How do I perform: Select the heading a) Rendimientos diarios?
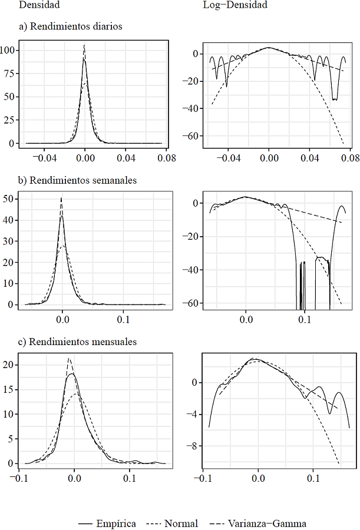(70, 26)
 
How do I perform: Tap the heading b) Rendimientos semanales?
(76, 180)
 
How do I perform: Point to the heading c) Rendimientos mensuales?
(77, 342)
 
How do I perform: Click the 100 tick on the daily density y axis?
(10, 50)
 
